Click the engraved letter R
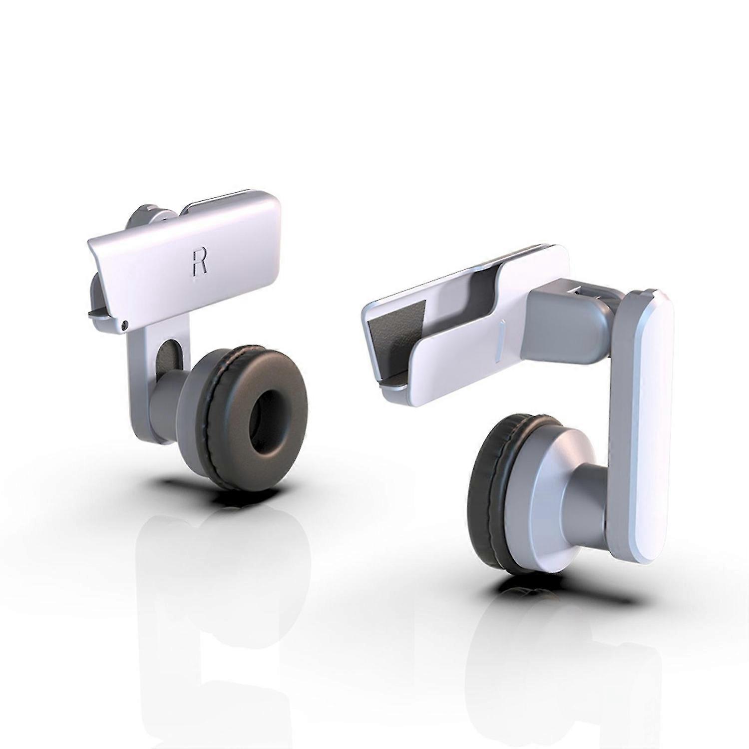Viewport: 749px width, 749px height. [199, 262]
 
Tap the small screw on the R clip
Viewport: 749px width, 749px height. [125, 325]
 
